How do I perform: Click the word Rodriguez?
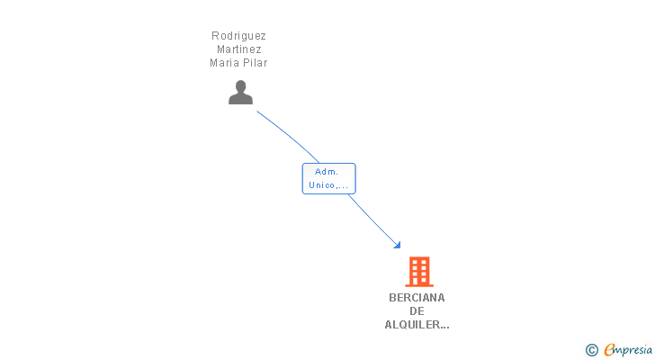(238, 36)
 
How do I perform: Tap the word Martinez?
(238, 49)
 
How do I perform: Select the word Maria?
(224, 63)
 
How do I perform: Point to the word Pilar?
(256, 63)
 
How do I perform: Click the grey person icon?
(240, 92)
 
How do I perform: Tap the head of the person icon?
(240, 86)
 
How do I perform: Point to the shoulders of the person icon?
(240, 98)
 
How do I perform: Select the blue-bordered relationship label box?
(328, 178)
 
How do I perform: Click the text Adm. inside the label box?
(327, 171)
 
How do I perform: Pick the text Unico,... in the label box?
(328, 185)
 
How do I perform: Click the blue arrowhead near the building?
(397, 244)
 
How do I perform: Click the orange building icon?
(418, 271)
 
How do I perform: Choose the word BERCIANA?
(417, 298)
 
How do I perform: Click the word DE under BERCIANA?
(417, 311)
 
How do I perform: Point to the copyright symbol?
(591, 350)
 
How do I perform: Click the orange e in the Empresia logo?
(609, 350)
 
